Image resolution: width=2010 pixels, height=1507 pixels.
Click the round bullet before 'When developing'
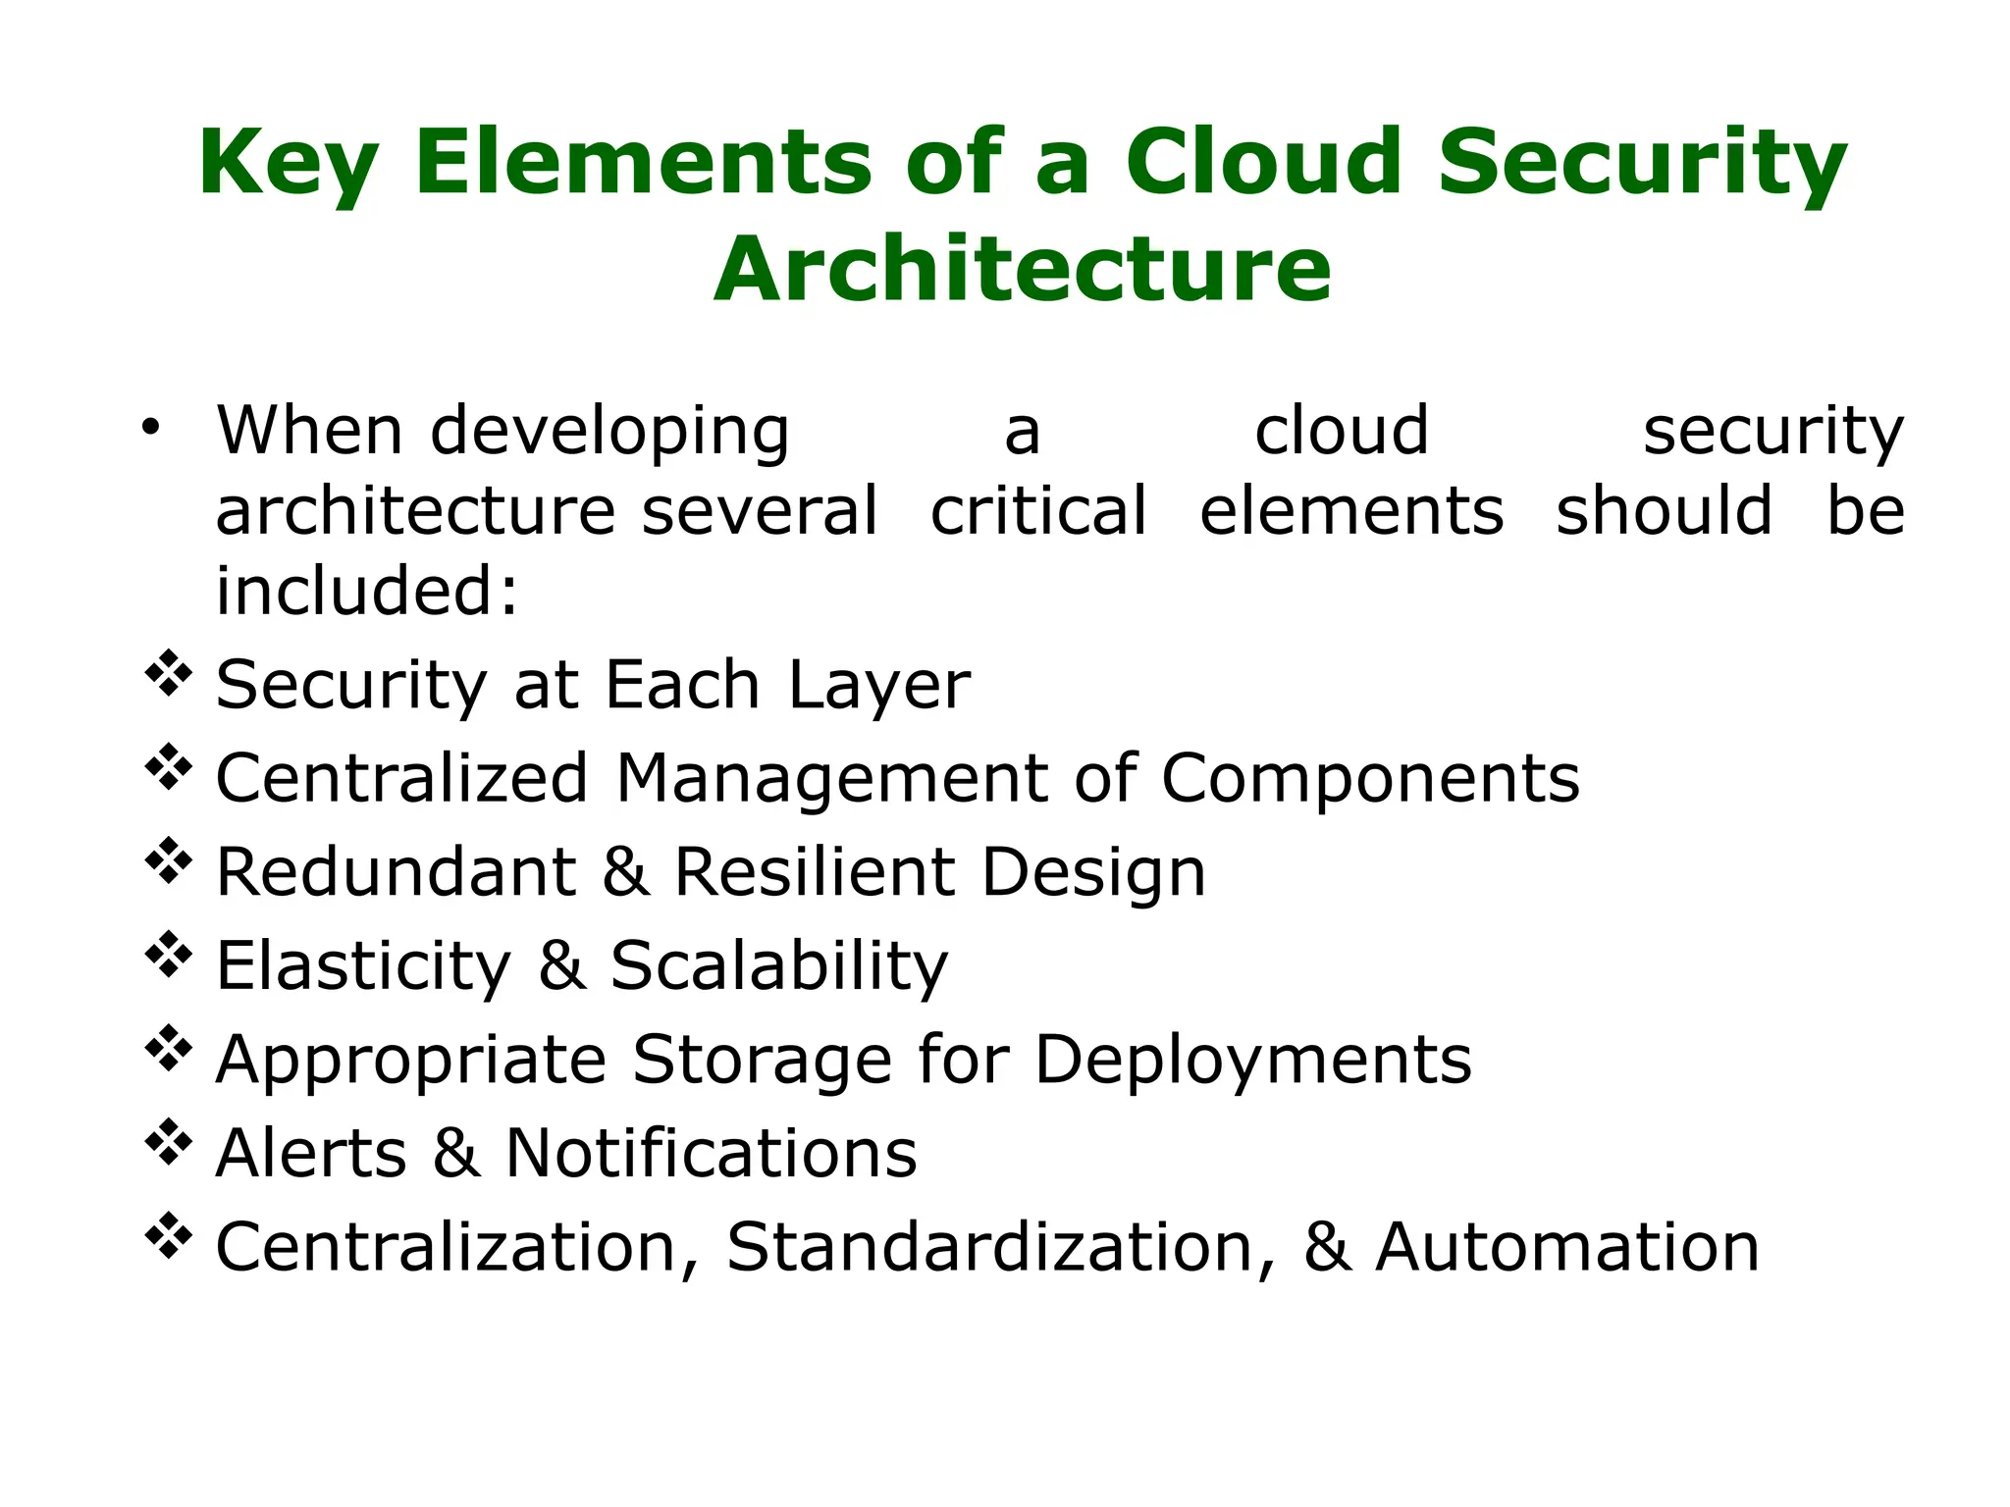tap(149, 427)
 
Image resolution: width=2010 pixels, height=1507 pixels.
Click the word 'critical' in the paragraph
tap(1038, 510)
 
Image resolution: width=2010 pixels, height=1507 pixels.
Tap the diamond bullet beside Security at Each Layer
tap(168, 674)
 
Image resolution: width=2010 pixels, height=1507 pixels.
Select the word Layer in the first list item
tap(879, 685)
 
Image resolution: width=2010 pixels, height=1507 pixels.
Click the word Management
tap(831, 778)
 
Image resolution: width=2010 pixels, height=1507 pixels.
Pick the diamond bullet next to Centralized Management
tap(168, 767)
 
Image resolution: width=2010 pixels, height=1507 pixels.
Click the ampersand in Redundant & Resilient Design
tap(626, 871)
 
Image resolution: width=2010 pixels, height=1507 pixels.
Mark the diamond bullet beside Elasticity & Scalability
tap(168, 955)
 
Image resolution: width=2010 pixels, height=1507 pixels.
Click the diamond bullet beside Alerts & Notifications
tap(168, 1142)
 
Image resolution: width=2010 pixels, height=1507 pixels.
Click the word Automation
tap(1567, 1247)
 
